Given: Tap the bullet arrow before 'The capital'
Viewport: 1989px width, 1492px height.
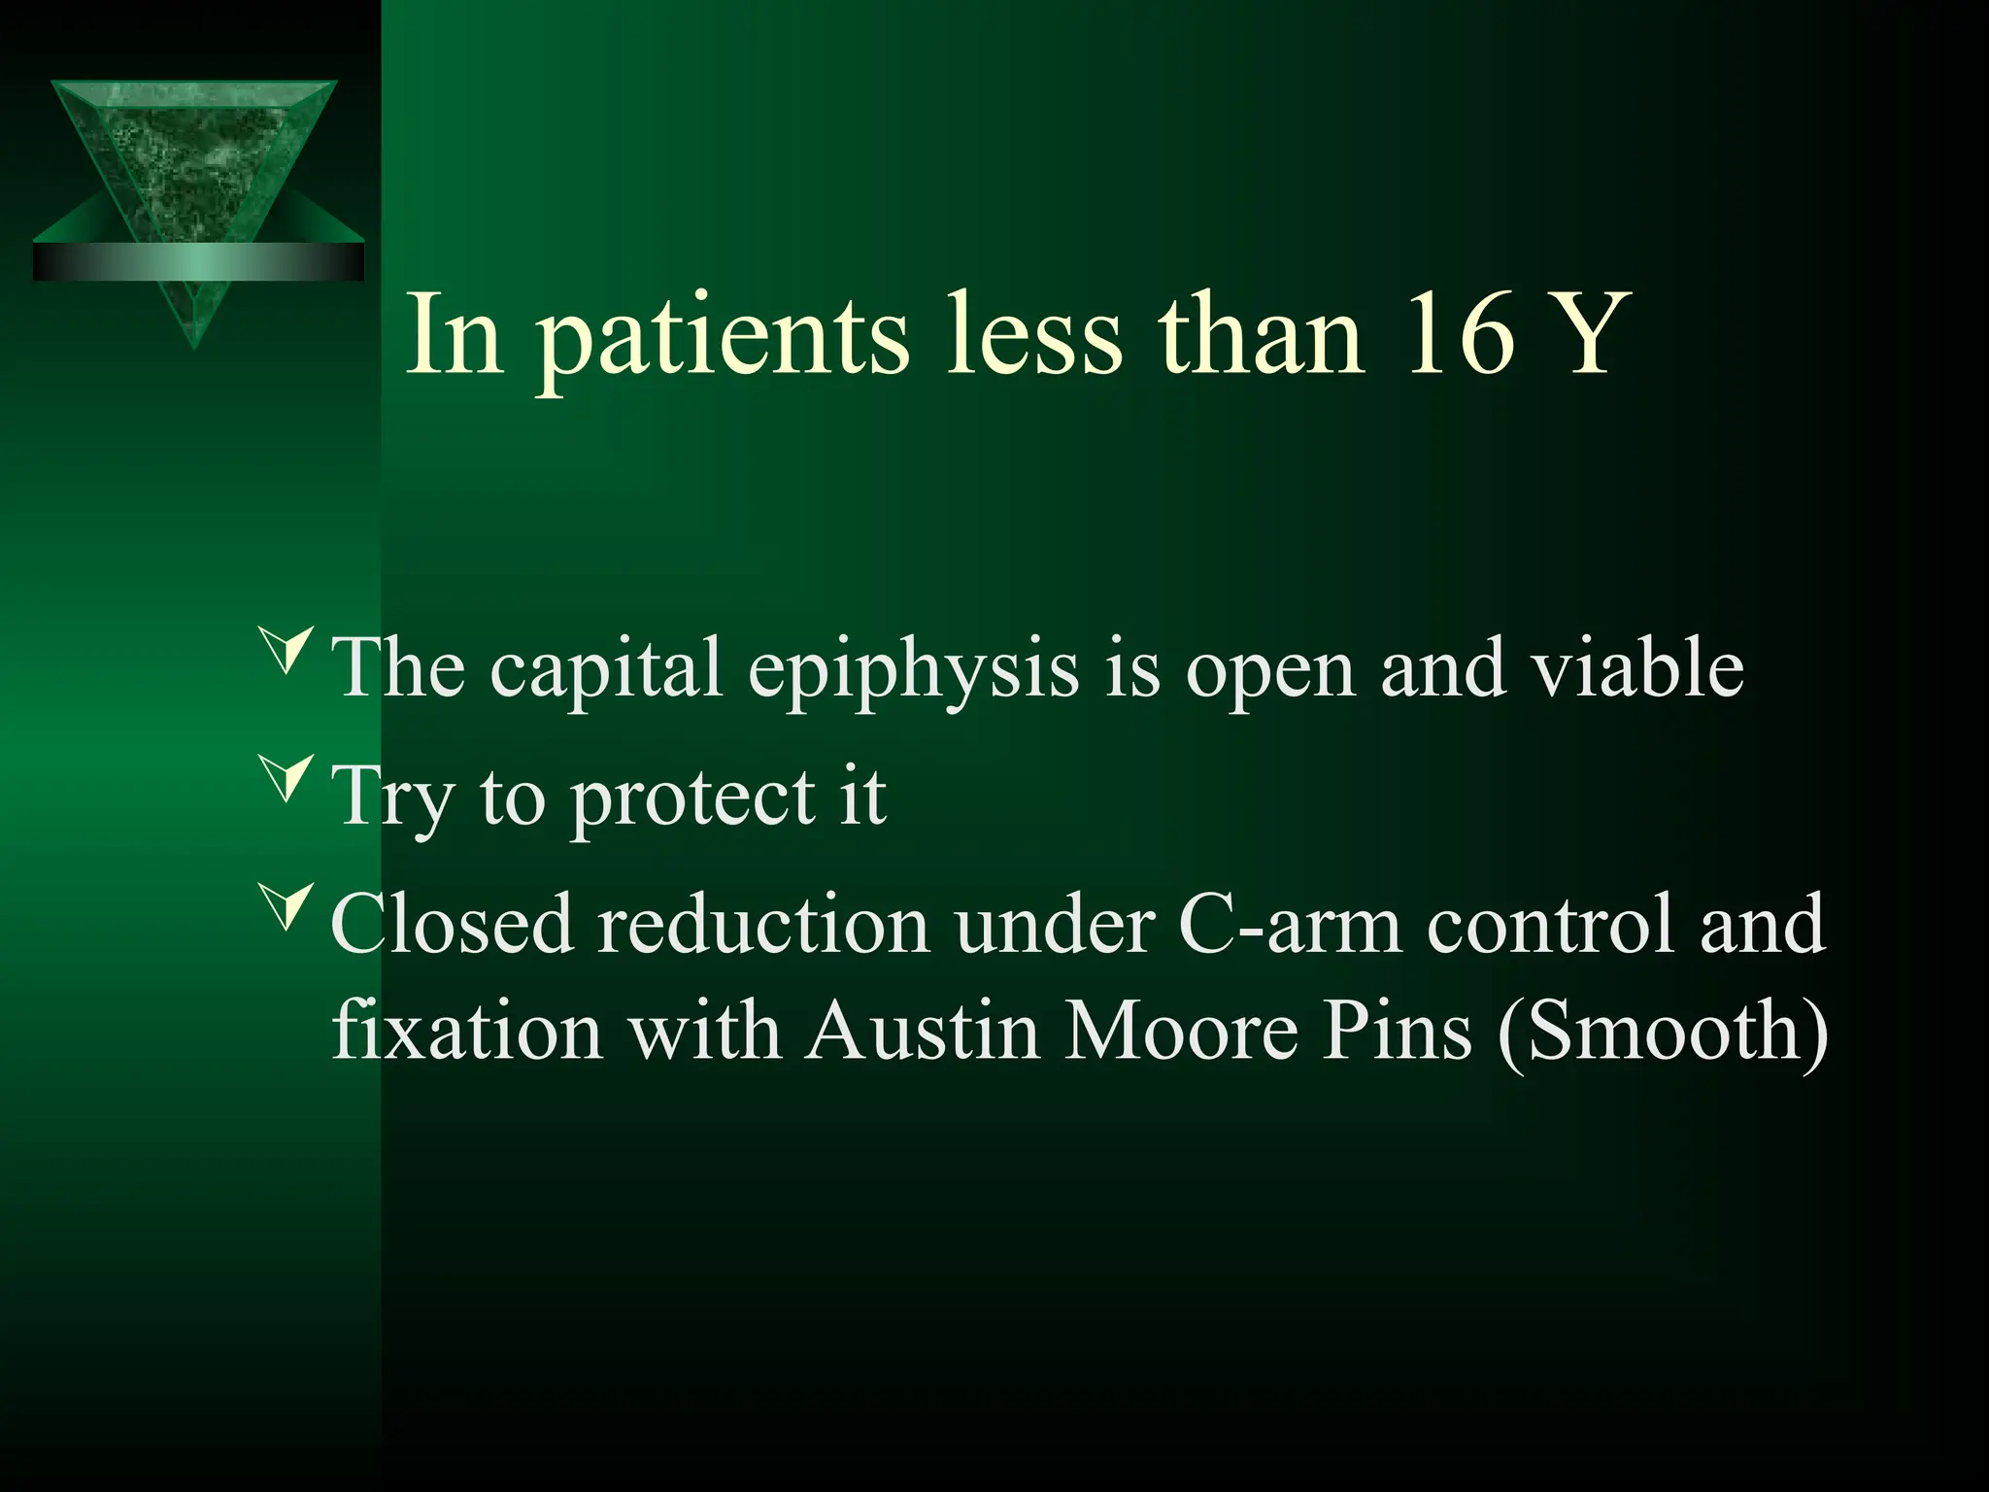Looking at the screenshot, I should (287, 651).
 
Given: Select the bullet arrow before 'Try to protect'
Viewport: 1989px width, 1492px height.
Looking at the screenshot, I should (287, 778).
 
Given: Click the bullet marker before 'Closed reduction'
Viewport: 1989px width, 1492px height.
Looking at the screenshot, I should (287, 906).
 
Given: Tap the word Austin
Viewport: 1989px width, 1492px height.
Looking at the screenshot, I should (923, 1031).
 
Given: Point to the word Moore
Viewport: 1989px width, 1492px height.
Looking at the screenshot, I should (1180, 1031).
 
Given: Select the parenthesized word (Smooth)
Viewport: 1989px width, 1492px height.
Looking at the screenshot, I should (1663, 1033).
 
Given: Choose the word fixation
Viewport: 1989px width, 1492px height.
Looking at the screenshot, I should (466, 1031).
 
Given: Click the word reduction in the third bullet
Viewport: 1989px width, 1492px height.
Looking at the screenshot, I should (763, 925).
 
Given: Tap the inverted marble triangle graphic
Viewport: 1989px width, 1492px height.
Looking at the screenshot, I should (194, 155).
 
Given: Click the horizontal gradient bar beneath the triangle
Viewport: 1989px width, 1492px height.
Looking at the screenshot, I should (198, 262).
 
